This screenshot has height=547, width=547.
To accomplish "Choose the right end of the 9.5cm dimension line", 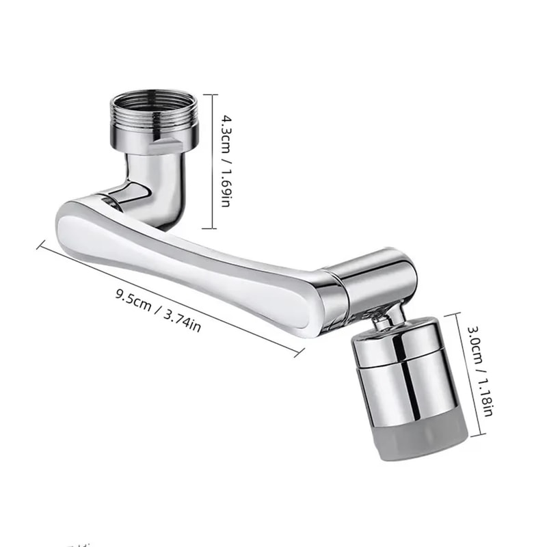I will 302,354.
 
